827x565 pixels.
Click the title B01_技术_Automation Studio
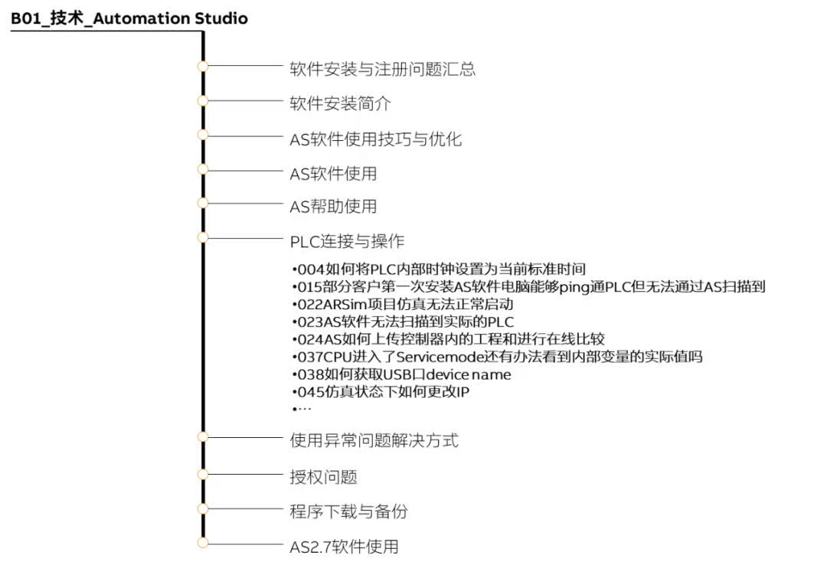point(129,18)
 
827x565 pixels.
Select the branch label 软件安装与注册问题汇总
point(382,69)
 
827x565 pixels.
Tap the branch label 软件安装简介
point(340,103)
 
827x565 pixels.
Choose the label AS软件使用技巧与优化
point(375,139)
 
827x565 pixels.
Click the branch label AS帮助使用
point(333,206)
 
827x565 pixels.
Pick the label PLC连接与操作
point(347,241)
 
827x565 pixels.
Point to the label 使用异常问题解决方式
point(374,440)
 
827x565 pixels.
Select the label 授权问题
point(323,477)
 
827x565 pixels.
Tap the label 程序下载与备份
point(348,511)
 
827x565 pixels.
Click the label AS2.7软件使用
point(344,547)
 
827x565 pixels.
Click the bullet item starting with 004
point(439,269)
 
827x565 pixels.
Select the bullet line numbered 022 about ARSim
point(403,305)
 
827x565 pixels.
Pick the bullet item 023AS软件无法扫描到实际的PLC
point(403,322)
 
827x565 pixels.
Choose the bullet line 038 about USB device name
point(401,374)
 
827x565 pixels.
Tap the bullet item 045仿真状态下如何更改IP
point(381,392)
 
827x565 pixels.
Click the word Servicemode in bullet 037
point(440,358)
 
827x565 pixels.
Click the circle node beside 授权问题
point(202,474)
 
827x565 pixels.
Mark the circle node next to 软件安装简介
point(202,100)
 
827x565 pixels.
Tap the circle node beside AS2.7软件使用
point(202,543)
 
